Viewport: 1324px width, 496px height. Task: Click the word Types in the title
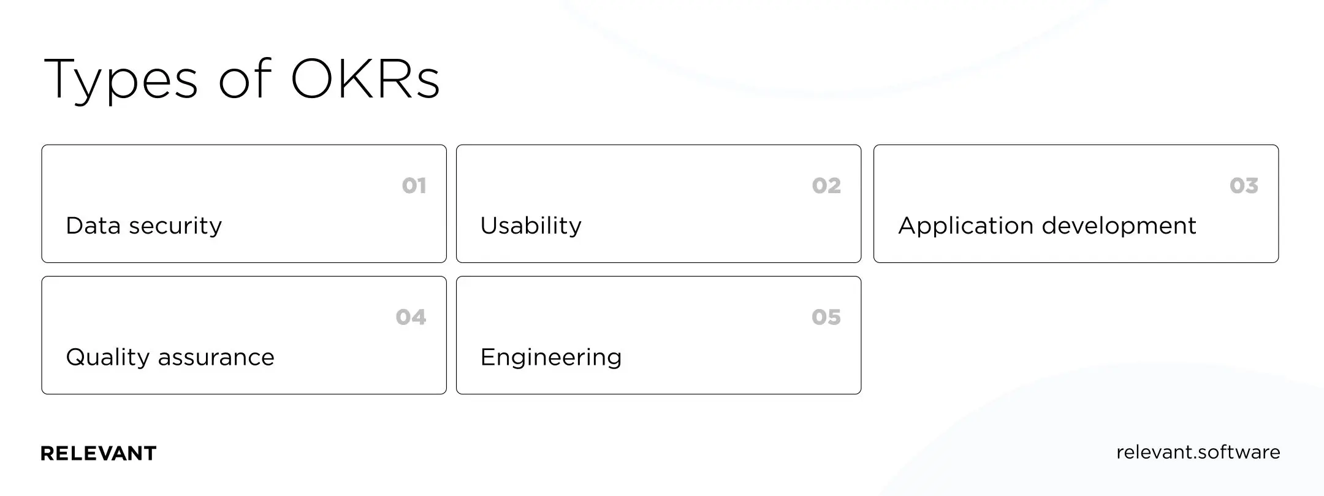pyautogui.click(x=121, y=80)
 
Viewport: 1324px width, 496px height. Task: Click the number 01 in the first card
pyautogui.click(x=414, y=186)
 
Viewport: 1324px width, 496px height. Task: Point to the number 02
pyautogui.click(x=826, y=186)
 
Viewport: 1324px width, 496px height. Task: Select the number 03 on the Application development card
pyautogui.click(x=1244, y=186)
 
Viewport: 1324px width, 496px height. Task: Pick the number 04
pyautogui.click(x=411, y=317)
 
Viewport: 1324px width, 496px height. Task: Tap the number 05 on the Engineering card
pyautogui.click(x=826, y=317)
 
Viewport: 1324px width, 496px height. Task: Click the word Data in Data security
pyautogui.click(x=93, y=226)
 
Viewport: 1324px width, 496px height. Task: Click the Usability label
pyautogui.click(x=531, y=226)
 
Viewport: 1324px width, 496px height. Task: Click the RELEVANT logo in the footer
pyautogui.click(x=99, y=454)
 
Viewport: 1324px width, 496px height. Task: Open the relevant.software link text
pyautogui.click(x=1198, y=452)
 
